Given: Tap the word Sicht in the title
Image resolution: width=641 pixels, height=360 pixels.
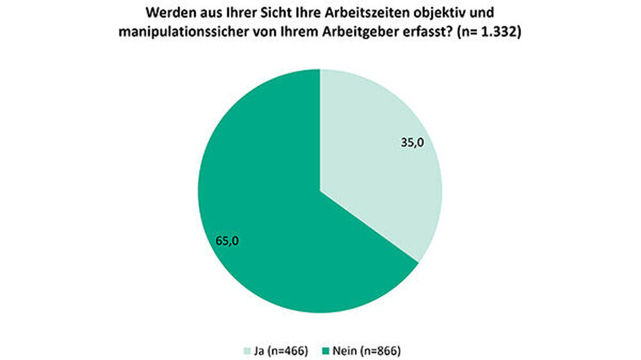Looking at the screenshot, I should coord(260,13).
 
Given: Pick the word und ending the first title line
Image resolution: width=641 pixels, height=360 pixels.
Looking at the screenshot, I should coord(481,13).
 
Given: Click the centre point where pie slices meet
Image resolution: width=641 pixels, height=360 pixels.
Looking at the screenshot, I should coord(320,192).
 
